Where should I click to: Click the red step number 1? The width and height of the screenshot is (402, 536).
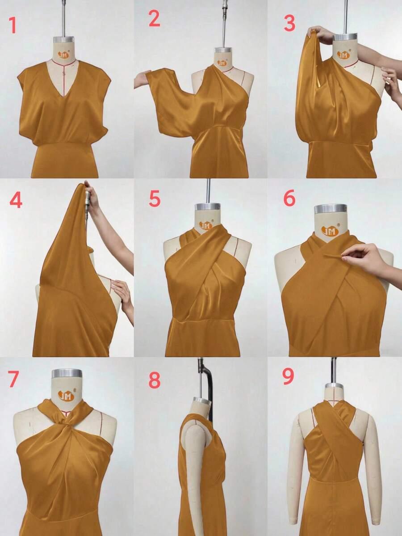(x=13, y=25)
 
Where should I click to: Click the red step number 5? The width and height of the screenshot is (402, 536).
(x=155, y=198)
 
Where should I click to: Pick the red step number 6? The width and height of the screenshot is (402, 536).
(x=289, y=198)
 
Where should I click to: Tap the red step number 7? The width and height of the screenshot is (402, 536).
(x=13, y=379)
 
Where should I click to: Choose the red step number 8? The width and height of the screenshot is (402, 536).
(x=155, y=380)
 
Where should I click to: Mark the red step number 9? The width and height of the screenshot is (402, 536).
(x=288, y=376)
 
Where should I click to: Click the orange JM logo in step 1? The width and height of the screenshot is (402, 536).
(x=63, y=54)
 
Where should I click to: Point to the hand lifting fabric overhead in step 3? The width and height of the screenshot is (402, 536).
(x=320, y=34)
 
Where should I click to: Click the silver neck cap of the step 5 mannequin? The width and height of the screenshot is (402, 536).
(x=208, y=207)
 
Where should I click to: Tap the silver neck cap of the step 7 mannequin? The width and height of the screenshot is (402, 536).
(x=67, y=373)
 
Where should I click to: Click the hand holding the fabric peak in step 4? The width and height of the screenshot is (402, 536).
(x=92, y=198)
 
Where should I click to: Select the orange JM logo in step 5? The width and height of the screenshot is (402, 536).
(x=205, y=225)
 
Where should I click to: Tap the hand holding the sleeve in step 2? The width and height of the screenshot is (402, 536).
(x=141, y=79)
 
